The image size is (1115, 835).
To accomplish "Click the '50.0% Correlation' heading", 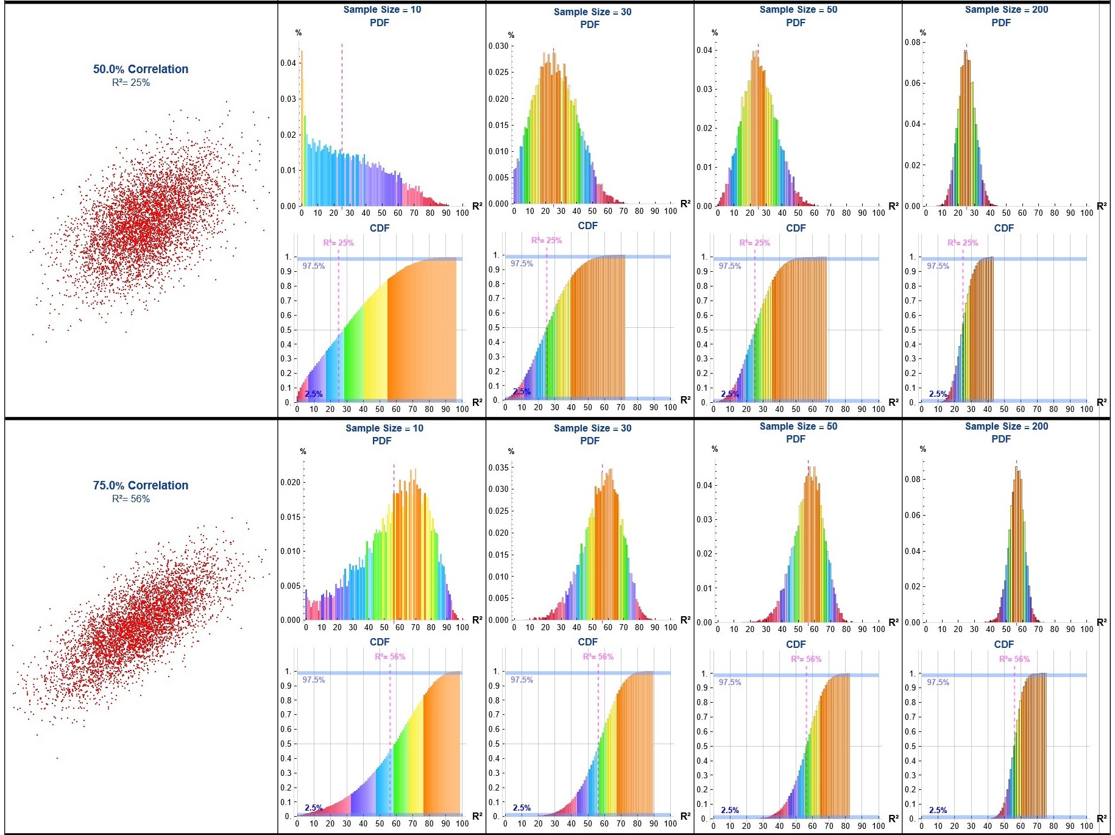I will click(x=141, y=69).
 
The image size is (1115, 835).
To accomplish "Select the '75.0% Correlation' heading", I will click(x=141, y=485).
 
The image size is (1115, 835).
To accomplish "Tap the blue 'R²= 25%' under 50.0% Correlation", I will click(x=131, y=82).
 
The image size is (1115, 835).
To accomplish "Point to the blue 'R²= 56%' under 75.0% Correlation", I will click(x=131, y=499).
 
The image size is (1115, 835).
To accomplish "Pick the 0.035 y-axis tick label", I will click(x=498, y=467).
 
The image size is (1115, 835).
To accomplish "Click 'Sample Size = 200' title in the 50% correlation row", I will click(x=1006, y=9).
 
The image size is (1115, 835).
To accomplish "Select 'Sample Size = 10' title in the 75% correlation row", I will click(x=384, y=428).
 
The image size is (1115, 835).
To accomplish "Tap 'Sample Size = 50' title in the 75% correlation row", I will click(x=798, y=426).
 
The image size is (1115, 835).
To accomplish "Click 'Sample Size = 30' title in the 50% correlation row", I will click(x=592, y=12).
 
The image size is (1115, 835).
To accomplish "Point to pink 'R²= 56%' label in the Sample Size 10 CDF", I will click(x=390, y=656).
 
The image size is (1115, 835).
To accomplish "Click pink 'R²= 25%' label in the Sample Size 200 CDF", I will click(x=963, y=243).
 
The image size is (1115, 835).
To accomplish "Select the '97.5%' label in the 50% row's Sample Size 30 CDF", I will click(x=522, y=263).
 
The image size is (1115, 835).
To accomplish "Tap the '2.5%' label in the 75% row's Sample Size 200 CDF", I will click(x=938, y=810).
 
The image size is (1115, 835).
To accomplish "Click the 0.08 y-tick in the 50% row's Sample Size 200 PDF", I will click(x=912, y=42).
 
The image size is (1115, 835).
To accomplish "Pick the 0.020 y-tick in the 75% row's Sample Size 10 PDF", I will click(x=290, y=482).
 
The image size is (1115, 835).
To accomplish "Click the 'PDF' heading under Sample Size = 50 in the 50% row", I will click(x=796, y=23).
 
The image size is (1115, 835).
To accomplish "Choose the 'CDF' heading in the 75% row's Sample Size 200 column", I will click(x=1003, y=644).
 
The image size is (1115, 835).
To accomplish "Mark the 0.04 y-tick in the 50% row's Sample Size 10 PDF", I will click(x=288, y=63).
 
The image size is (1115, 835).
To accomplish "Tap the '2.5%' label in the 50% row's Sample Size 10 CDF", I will click(x=314, y=394).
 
